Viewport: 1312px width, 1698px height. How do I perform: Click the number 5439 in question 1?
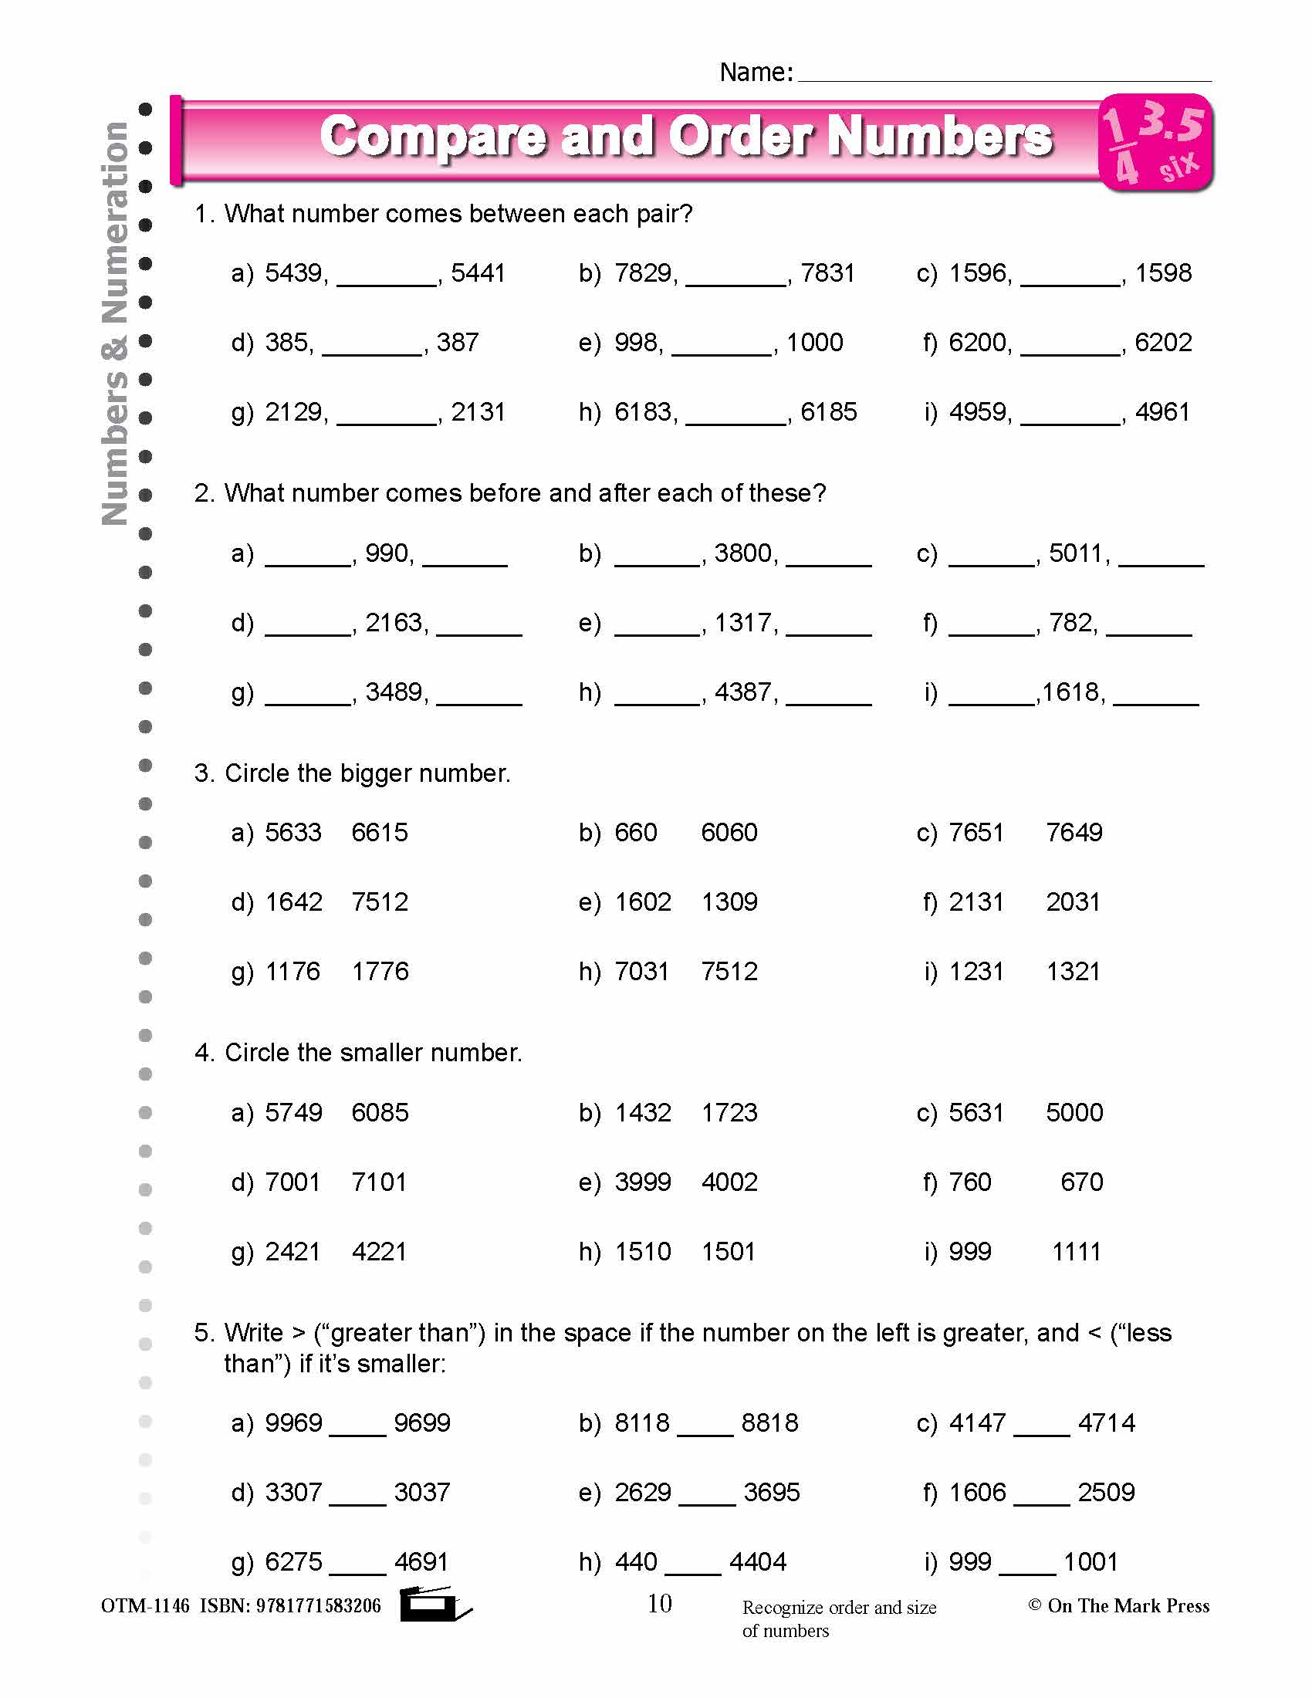tap(293, 274)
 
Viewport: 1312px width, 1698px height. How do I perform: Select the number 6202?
tap(1163, 343)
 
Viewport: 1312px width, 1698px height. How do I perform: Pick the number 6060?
tap(729, 833)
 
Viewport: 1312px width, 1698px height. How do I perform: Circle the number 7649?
tap(1074, 833)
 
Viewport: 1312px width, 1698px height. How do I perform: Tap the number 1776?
tap(380, 972)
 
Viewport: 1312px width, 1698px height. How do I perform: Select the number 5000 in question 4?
tap(1074, 1112)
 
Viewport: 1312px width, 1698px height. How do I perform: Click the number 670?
tap(1081, 1182)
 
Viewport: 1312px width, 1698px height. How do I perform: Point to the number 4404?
tap(758, 1562)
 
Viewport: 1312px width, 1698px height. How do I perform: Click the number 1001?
tap(1091, 1562)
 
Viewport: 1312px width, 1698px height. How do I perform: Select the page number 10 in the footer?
tap(659, 1603)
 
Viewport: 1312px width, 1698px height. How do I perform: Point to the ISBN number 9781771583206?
tap(318, 1606)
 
